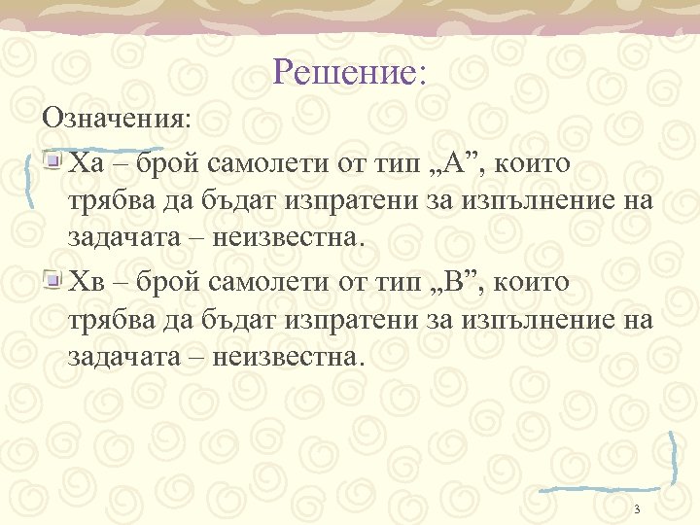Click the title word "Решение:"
(x=350, y=71)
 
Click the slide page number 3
(x=636, y=509)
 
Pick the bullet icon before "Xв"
(x=55, y=282)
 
